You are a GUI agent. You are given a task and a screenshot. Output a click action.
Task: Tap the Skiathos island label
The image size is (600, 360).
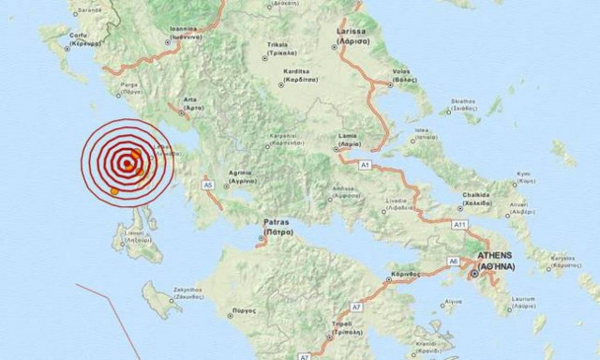pos(463,99)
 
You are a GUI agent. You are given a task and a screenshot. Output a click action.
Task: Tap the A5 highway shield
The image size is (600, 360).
pos(208,185)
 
